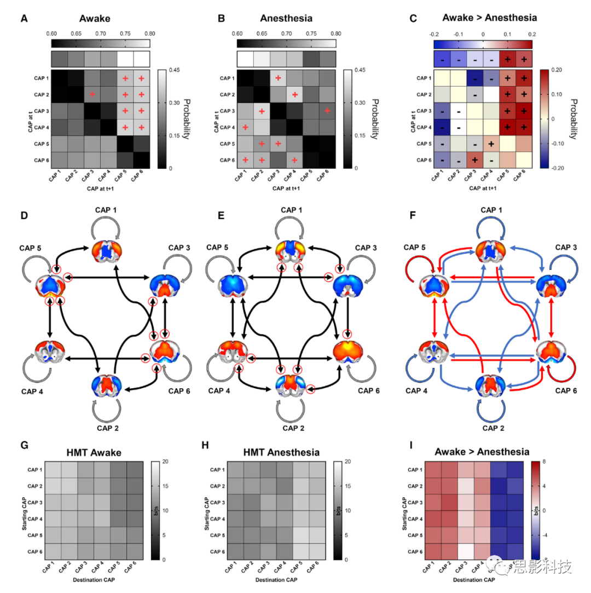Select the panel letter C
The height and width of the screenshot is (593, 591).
point(414,19)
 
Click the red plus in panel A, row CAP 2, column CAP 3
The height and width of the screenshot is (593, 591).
point(92,94)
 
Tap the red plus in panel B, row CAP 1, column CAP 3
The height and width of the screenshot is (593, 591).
point(278,78)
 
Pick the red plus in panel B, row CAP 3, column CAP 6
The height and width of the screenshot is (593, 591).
point(327,111)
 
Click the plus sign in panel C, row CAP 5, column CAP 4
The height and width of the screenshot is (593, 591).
point(491,143)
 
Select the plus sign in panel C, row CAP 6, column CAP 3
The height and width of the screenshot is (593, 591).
point(475,160)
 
